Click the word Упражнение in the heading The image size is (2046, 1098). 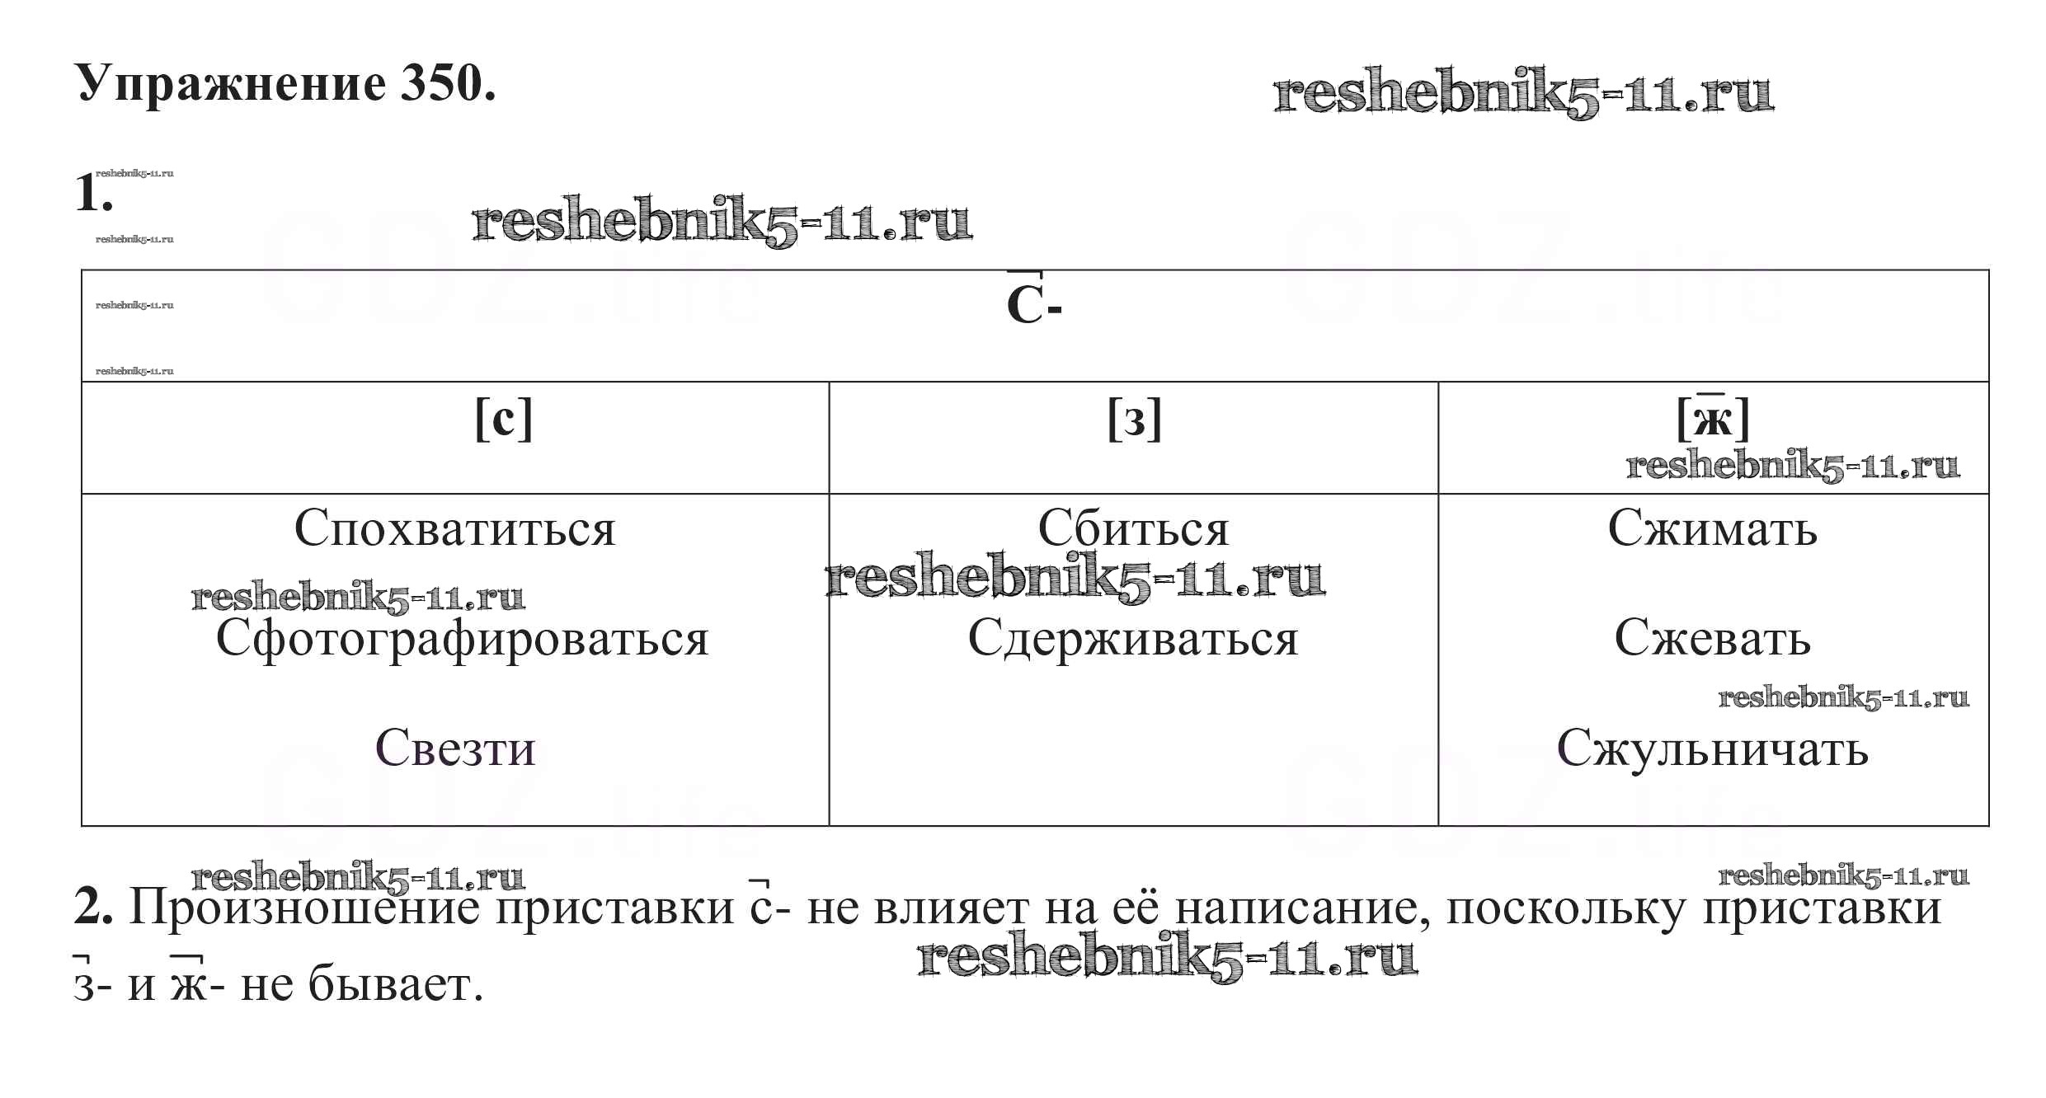coord(231,84)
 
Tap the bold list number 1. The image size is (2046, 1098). coord(92,195)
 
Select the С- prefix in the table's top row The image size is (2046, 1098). coord(1032,305)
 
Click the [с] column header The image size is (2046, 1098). coord(504,419)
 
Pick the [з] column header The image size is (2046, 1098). coord(1135,419)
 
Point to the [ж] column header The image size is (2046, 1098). coord(1713,419)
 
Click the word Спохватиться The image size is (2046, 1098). coord(454,529)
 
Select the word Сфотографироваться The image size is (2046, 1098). coord(462,639)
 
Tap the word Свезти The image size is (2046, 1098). coord(455,748)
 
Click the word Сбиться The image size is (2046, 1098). coord(1133,529)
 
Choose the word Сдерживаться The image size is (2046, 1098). coord(1133,639)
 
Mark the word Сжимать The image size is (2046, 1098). coord(1712,529)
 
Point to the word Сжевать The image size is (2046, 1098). coord(1712,639)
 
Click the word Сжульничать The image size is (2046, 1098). coord(1712,748)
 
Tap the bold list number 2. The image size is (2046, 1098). coord(92,908)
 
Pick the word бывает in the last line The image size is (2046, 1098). coord(394,984)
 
